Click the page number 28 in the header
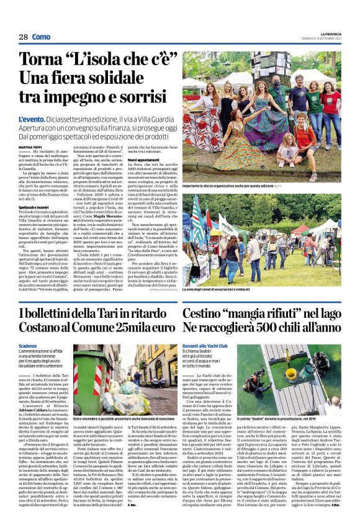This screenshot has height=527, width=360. [x=23, y=37]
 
